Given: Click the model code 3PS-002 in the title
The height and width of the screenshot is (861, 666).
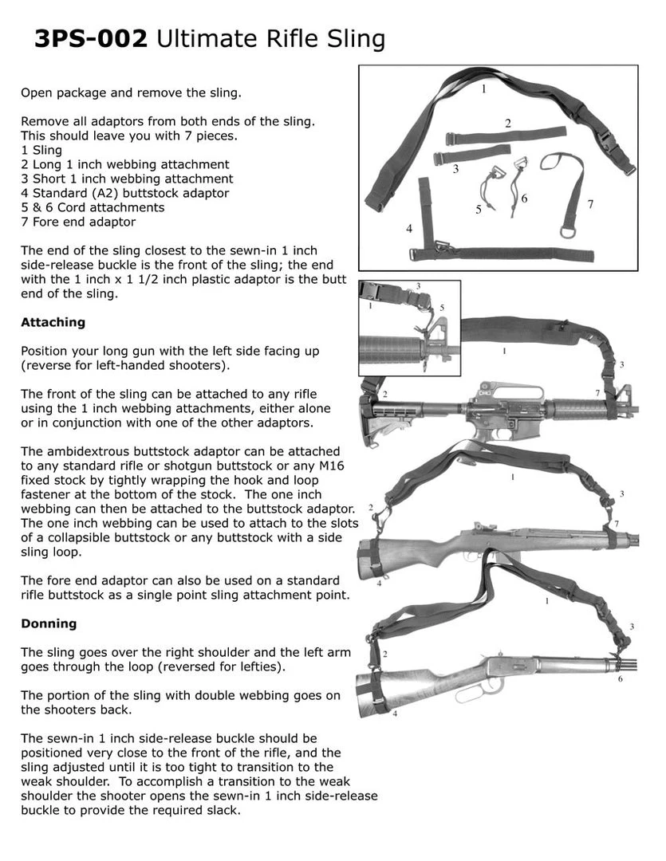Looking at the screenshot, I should (90, 38).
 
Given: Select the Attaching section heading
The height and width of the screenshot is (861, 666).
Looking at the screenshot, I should (53, 323).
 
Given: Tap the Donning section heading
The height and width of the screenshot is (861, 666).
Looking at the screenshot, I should (49, 623).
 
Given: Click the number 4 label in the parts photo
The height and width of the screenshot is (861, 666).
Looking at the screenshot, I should (409, 229).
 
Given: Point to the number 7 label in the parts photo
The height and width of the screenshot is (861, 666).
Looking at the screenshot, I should (590, 204).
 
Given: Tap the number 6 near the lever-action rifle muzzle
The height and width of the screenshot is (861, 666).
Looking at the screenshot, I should (621, 678).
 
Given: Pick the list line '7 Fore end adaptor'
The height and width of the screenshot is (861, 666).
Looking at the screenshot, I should (78, 222).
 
